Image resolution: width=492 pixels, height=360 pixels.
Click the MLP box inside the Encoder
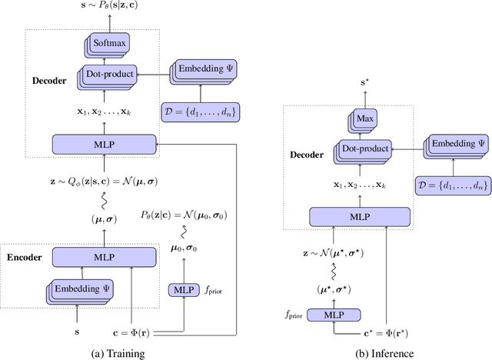104,256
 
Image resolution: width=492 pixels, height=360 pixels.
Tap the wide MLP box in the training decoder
103,143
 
